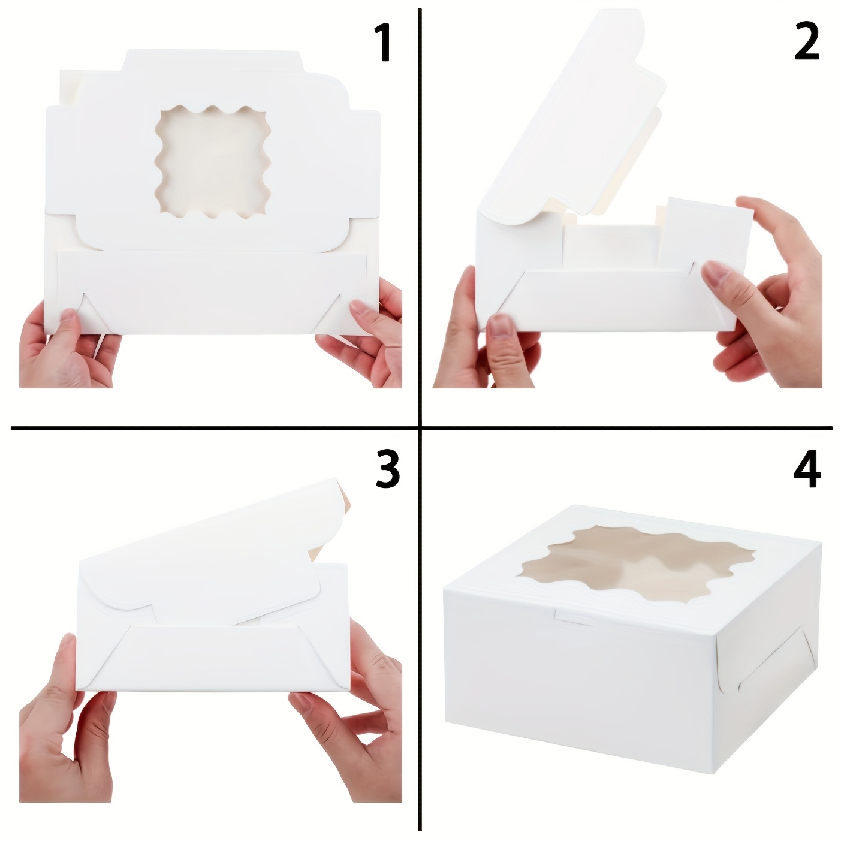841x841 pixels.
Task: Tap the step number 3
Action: pyautogui.click(x=387, y=469)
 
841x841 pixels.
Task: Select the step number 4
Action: pyautogui.click(x=807, y=469)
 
